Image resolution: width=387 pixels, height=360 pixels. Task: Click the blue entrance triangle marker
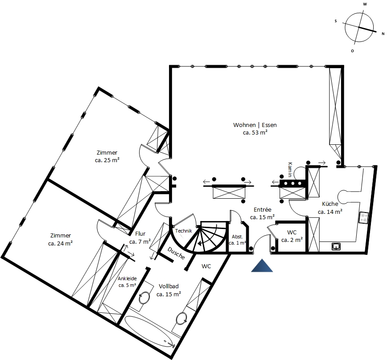(262, 266)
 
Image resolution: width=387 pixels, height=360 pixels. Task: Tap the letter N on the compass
(383, 34)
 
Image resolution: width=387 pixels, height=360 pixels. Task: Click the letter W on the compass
(365, 4)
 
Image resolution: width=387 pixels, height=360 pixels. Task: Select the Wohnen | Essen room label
(255, 125)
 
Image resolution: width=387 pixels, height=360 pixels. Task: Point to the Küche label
(330, 204)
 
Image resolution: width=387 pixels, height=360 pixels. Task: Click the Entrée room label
(262, 209)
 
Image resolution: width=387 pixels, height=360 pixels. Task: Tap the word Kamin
(290, 169)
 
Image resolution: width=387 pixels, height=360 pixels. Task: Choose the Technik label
(184, 231)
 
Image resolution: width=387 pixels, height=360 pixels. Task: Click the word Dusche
(176, 253)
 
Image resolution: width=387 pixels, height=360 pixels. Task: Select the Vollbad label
(169, 286)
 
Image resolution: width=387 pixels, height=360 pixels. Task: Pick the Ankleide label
(127, 278)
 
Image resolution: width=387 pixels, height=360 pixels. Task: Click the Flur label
(140, 233)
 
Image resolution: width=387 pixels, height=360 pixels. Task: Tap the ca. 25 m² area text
(107, 160)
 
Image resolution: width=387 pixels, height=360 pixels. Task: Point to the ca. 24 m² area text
(60, 243)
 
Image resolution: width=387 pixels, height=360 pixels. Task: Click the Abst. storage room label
(237, 237)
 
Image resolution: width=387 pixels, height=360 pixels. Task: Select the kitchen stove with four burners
(363, 218)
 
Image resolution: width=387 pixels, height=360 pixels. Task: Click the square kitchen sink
(336, 246)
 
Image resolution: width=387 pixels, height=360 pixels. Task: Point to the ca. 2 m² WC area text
(292, 240)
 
